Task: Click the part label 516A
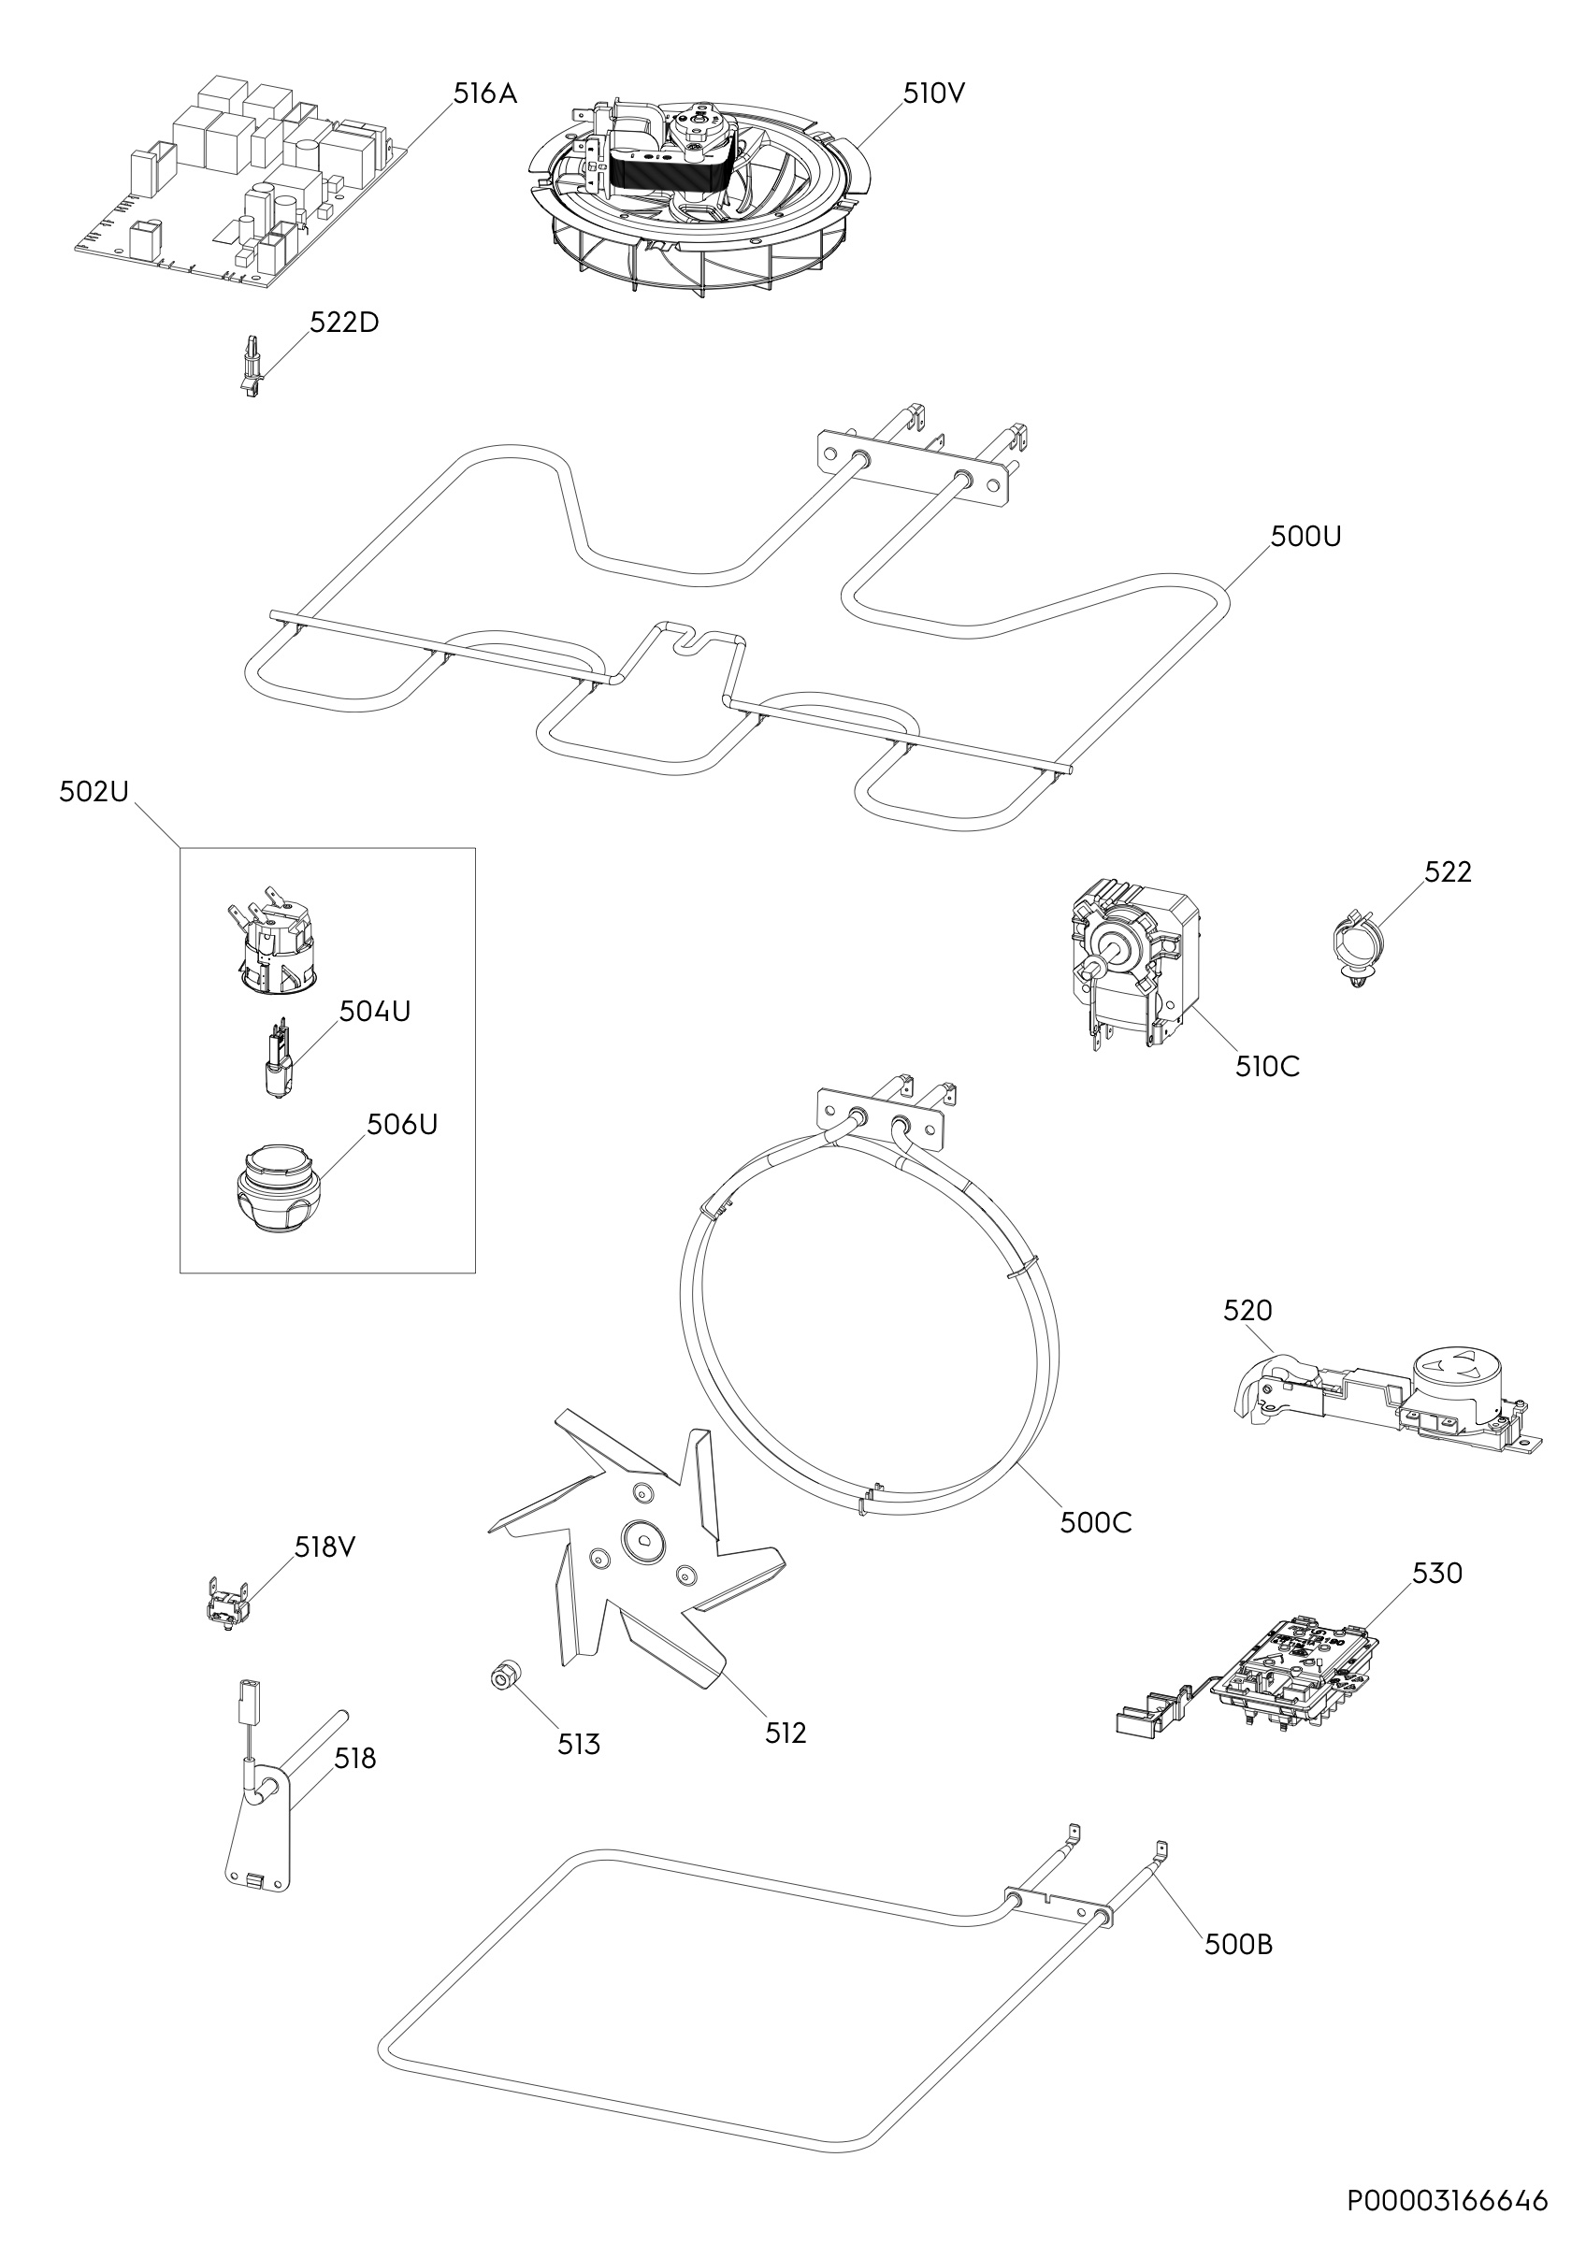484,93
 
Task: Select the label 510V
933,93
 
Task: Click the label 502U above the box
94,792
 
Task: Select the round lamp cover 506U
277,1189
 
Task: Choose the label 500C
1095,1550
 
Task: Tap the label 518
354,1760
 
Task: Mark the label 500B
1238,1945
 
